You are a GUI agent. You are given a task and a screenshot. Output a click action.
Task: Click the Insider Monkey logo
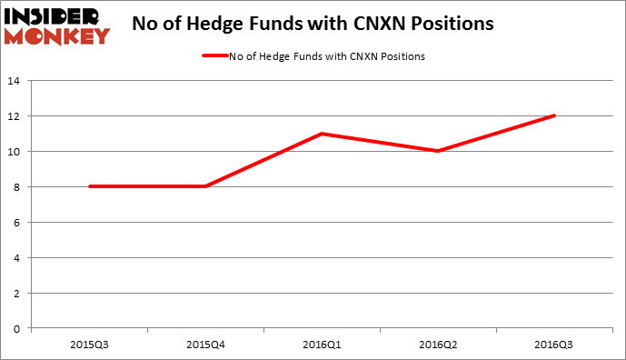pyautogui.click(x=56, y=25)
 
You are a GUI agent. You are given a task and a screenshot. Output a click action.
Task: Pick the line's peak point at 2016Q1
pyautogui.click(x=322, y=134)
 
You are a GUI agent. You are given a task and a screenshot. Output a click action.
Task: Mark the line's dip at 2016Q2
pyautogui.click(x=438, y=151)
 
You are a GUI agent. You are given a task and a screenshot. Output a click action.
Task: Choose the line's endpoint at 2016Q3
pyautogui.click(x=554, y=115)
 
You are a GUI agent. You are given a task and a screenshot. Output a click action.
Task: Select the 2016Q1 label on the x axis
pyautogui.click(x=322, y=344)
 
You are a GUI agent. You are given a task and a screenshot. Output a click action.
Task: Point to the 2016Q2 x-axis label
pyautogui.click(x=438, y=344)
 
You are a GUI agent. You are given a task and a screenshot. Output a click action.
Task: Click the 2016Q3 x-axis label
pyautogui.click(x=554, y=344)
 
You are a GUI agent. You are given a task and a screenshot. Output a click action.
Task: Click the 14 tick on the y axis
pyautogui.click(x=15, y=81)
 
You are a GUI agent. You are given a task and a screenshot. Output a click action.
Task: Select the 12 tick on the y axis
pyautogui.click(x=15, y=116)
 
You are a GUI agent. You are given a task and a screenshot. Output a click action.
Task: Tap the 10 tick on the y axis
pyautogui.click(x=15, y=151)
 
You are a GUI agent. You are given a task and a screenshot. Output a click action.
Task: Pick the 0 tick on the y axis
pyautogui.click(x=18, y=327)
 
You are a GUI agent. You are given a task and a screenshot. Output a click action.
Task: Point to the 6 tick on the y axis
pyautogui.click(x=18, y=222)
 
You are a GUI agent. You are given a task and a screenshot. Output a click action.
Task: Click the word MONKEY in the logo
pyautogui.click(x=56, y=35)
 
